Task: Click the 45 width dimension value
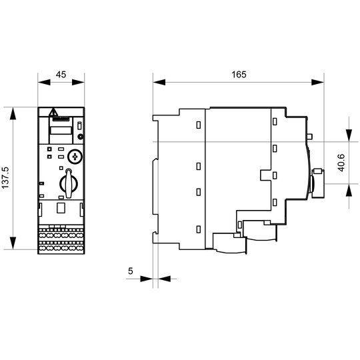pyautogui.click(x=61, y=75)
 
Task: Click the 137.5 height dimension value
pyautogui.click(x=5, y=178)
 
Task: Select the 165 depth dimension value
pyautogui.click(x=239, y=75)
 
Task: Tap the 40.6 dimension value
pyautogui.click(x=341, y=163)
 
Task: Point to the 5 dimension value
pyautogui.click(x=131, y=271)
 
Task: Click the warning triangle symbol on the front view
pyautogui.click(x=53, y=112)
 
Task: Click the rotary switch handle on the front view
pyautogui.click(x=69, y=183)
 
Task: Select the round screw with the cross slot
pyautogui.click(x=75, y=157)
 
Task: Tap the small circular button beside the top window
pyautogui.click(x=80, y=137)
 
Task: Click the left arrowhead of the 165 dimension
pyautogui.click(x=159, y=82)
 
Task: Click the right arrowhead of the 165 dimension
pyautogui.click(x=318, y=82)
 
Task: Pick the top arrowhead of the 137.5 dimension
pyautogui.click(x=13, y=113)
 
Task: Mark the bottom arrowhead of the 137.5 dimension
pyautogui.click(x=13, y=243)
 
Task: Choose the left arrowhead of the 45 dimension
pyautogui.click(x=44, y=82)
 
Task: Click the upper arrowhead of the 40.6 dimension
pyautogui.click(x=349, y=135)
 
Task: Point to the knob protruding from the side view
pyautogui.click(x=318, y=183)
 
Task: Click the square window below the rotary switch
pyautogui.click(x=61, y=207)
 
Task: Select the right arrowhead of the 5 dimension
pyautogui.click(x=165, y=279)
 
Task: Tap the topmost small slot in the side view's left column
pyautogui.click(x=199, y=125)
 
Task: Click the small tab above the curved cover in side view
pyautogui.click(x=309, y=137)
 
